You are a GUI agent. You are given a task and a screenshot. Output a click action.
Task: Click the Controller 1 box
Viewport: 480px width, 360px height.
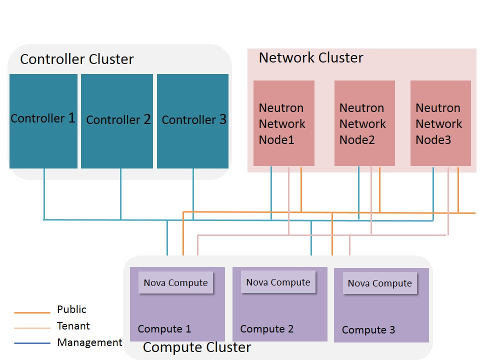[43, 121]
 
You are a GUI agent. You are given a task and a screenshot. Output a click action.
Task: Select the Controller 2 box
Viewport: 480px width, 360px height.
[117, 121]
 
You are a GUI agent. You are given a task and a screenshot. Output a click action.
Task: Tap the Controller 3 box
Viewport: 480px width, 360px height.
[193, 121]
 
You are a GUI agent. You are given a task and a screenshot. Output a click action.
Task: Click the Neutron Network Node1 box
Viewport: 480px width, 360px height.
[283, 123]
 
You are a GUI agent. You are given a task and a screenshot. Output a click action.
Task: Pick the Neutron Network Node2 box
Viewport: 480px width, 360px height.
[364, 123]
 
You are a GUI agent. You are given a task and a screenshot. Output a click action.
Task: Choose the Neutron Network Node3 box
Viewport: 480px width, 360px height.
[440, 123]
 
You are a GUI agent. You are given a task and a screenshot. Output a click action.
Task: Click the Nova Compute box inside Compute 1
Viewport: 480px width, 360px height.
[175, 282]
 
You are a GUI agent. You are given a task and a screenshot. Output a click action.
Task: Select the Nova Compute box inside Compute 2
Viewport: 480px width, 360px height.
[278, 282]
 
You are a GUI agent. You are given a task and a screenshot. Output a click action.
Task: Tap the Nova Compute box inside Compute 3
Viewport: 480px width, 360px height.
[379, 283]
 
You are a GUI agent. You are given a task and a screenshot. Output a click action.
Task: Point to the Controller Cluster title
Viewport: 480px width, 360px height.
[77, 59]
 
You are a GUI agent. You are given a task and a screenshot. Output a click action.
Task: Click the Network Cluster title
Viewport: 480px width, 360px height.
[310, 58]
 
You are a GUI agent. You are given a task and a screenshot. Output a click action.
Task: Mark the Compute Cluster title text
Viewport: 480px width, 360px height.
[197, 347]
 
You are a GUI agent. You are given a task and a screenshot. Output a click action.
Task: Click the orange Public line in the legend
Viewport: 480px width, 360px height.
[32, 312]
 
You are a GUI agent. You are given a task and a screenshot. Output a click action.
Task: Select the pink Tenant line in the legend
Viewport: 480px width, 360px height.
[32, 328]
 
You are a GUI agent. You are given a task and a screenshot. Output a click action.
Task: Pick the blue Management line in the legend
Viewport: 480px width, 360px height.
[32, 343]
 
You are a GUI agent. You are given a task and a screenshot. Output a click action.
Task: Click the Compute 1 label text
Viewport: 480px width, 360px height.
[164, 329]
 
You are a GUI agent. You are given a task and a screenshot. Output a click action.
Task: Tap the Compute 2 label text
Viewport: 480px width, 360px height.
[266, 329]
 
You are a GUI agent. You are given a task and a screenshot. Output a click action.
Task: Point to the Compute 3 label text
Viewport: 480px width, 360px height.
[368, 330]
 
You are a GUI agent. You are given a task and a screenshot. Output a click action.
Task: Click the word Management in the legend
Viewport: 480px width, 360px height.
[89, 342]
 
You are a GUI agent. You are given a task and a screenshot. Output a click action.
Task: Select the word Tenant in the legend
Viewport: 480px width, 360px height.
[73, 326]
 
